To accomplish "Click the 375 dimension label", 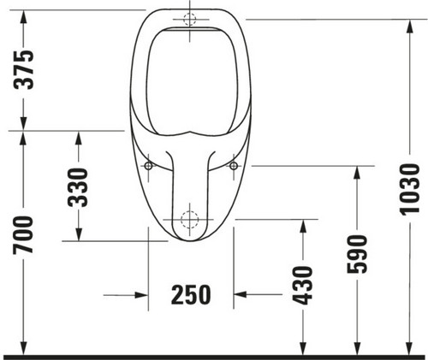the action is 24,70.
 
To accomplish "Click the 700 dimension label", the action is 23,235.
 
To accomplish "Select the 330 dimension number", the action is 78,187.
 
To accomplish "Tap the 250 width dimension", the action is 191,295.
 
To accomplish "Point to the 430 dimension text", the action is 303,286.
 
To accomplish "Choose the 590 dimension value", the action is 357,254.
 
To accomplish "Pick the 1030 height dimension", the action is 410,189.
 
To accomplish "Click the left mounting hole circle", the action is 148,166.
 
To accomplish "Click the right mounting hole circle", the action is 234,166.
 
